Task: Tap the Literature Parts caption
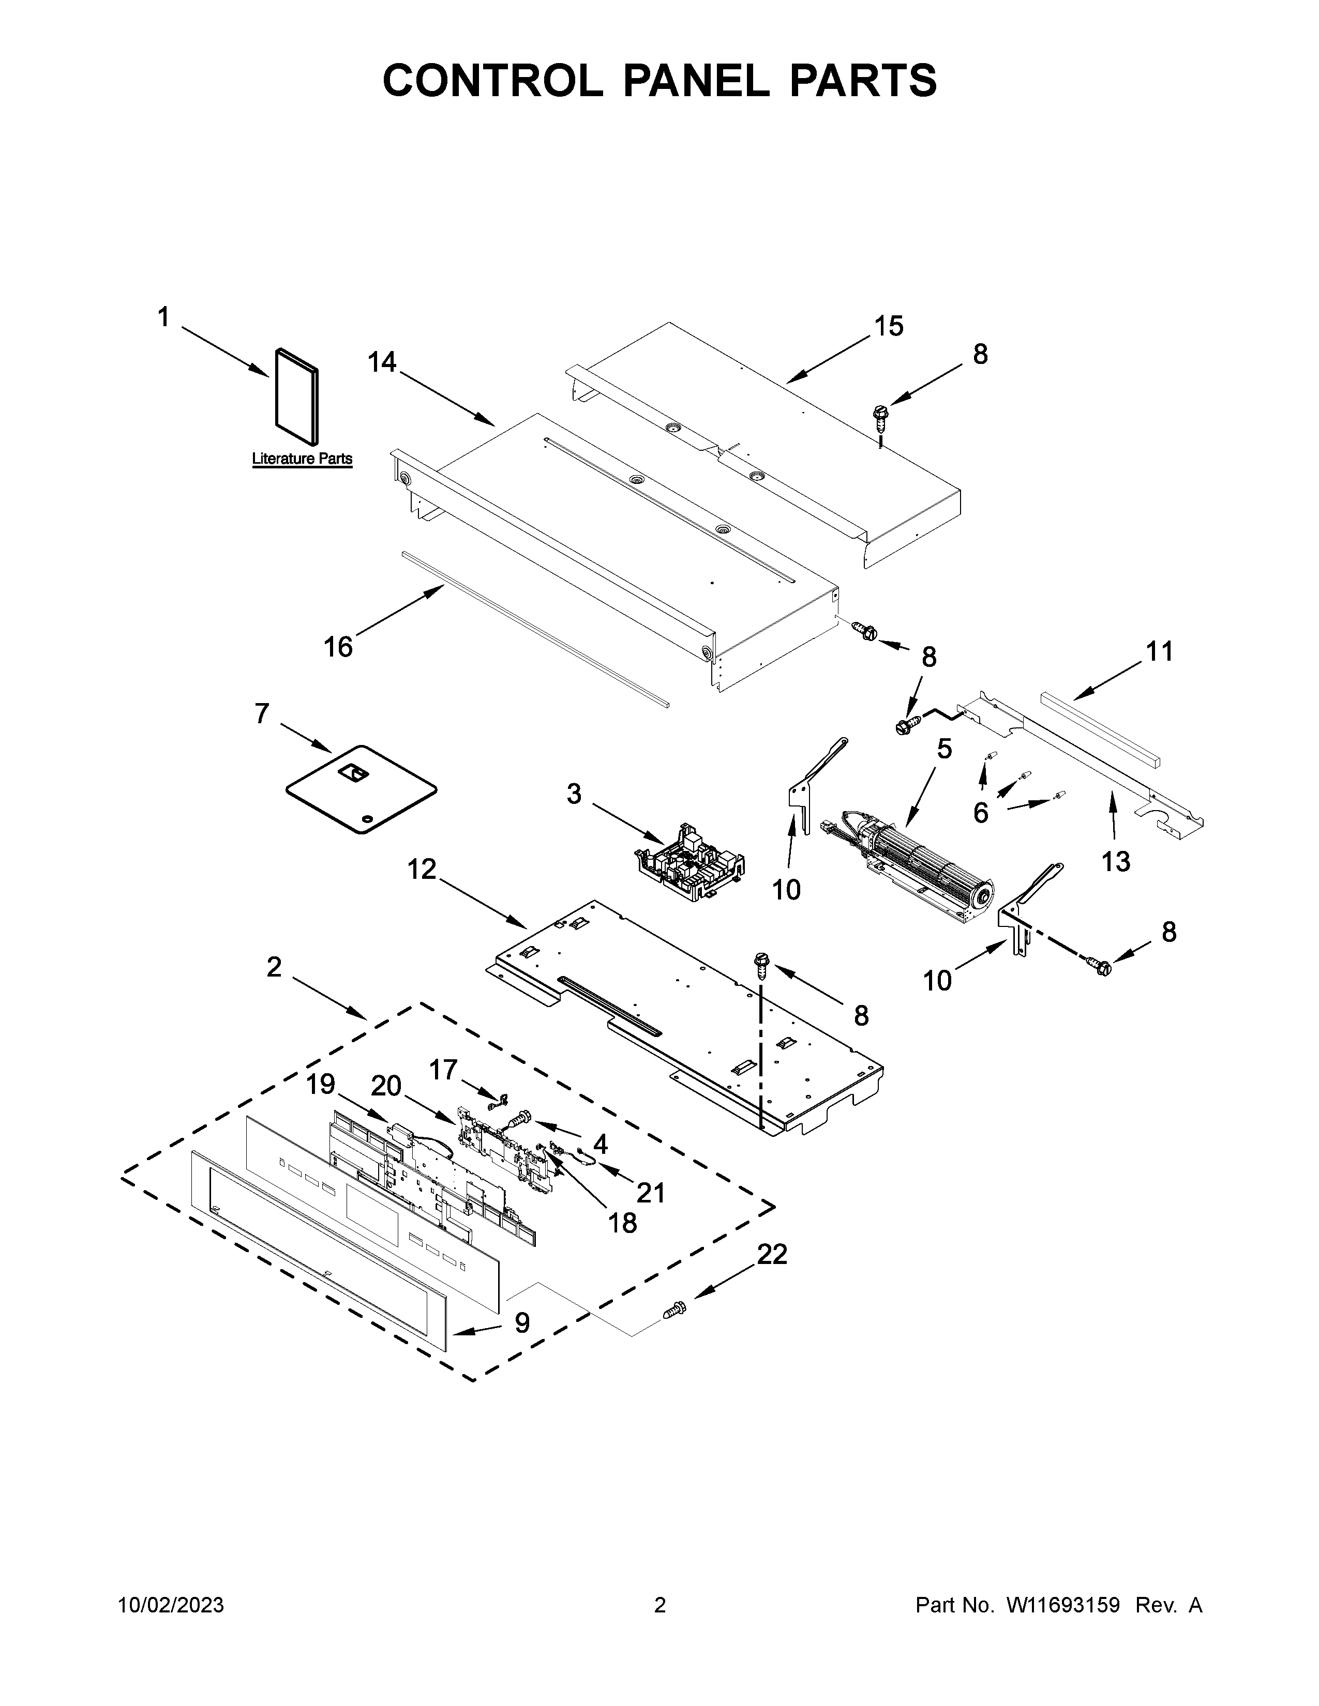[x=302, y=459]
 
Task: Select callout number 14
[x=382, y=362]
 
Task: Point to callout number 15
[x=889, y=326]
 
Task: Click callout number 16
[x=338, y=647]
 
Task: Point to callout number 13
[x=1116, y=861]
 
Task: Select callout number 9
[x=522, y=1322]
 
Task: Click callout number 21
[x=651, y=1192]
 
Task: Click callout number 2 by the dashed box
[x=274, y=967]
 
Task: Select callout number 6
[x=981, y=812]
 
